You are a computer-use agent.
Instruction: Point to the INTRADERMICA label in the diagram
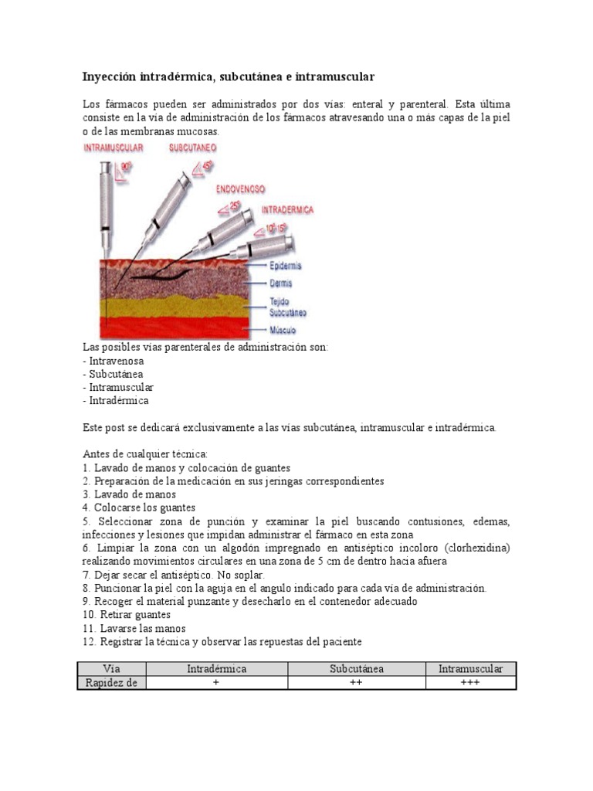pyautogui.click(x=287, y=209)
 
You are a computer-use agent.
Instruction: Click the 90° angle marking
pyautogui.click(x=126, y=165)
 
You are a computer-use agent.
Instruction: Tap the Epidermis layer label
pyautogui.click(x=285, y=266)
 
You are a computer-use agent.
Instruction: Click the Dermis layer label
pyautogui.click(x=280, y=283)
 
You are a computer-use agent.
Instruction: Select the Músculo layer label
pyautogui.click(x=282, y=330)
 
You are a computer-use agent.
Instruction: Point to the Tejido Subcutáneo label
pyautogui.click(x=287, y=307)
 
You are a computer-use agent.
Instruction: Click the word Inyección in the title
pyautogui.click(x=109, y=77)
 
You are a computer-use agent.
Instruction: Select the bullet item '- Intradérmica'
pyautogui.click(x=115, y=401)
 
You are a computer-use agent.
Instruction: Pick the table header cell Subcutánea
pyautogui.click(x=357, y=669)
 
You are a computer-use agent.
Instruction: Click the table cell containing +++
pyautogui.click(x=470, y=683)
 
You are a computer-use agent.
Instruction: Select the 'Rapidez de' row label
pyautogui.click(x=112, y=683)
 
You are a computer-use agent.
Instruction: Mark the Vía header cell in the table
pyautogui.click(x=112, y=669)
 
